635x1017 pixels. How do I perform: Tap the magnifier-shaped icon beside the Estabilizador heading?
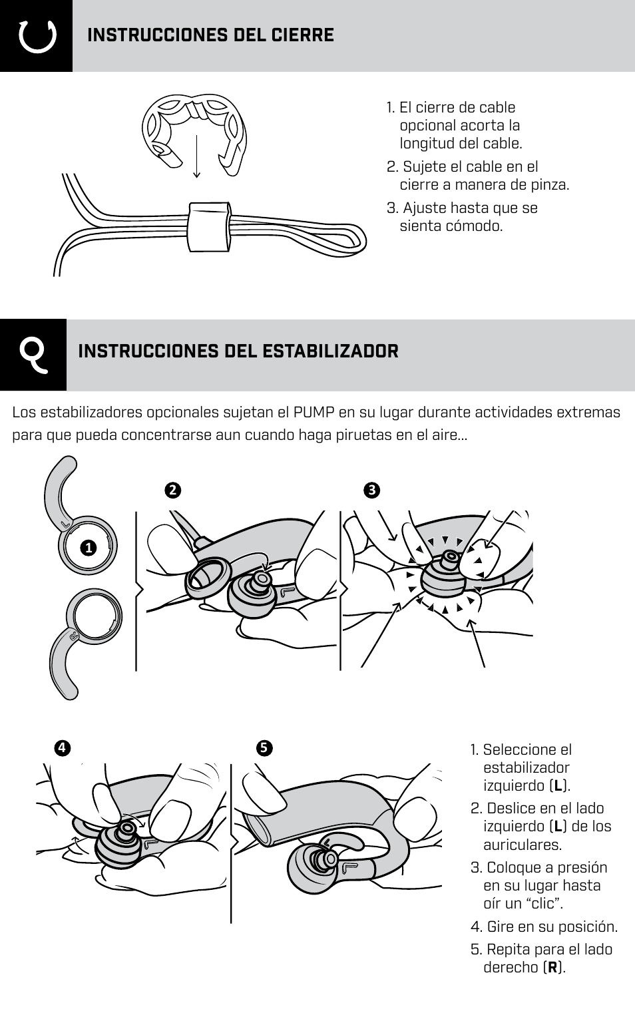[x=33, y=355]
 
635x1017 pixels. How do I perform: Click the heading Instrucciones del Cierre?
[x=210, y=35]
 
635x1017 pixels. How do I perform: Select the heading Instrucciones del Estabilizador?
[x=238, y=351]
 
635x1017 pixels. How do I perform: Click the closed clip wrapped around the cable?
[x=209, y=227]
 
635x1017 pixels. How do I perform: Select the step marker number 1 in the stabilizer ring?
[x=87, y=548]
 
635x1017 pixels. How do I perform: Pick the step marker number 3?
[x=371, y=491]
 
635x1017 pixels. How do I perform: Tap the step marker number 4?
[x=61, y=747]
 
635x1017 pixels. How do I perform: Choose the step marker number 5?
[x=264, y=747]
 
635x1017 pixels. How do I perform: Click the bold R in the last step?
[x=552, y=968]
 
